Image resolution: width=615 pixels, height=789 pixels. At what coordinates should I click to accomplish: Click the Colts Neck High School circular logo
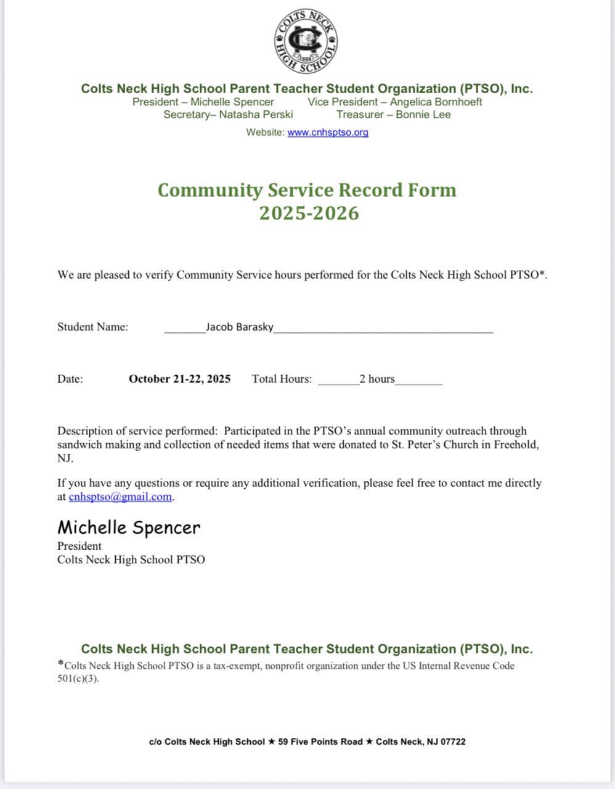pos(306,42)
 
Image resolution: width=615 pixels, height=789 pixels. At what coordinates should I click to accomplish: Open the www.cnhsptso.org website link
pos(328,132)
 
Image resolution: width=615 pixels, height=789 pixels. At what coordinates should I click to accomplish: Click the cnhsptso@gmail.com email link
pos(120,497)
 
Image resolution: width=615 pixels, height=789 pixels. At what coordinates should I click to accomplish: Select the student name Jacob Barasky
pos(239,327)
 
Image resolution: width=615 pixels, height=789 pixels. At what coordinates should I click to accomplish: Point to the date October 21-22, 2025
pos(179,379)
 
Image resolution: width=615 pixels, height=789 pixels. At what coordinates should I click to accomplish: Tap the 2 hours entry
pos(377,379)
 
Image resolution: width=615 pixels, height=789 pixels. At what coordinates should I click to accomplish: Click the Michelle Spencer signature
pos(129,528)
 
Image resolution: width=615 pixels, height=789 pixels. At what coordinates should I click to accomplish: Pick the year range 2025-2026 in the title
pos(309,213)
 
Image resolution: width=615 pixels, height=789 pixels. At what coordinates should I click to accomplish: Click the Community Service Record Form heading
pos(307,190)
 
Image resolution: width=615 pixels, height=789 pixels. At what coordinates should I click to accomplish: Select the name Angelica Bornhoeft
pos(436,102)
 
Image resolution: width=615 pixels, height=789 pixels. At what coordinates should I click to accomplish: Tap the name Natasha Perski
pos(256,115)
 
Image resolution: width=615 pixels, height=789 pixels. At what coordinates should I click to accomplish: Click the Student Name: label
pos(92,327)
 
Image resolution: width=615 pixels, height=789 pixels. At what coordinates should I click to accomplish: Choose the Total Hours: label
pos(282,379)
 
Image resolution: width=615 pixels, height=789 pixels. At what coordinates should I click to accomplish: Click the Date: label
pos(70,379)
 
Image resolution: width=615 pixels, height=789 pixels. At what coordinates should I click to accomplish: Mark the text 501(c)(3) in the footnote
pos(78,679)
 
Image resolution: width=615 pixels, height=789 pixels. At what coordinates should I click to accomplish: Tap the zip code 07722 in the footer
pos(453,742)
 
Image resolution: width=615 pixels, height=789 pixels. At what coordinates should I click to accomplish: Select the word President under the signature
pos(79,546)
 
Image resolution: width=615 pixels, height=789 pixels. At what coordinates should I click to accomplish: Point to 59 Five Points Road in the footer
pos(320,742)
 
